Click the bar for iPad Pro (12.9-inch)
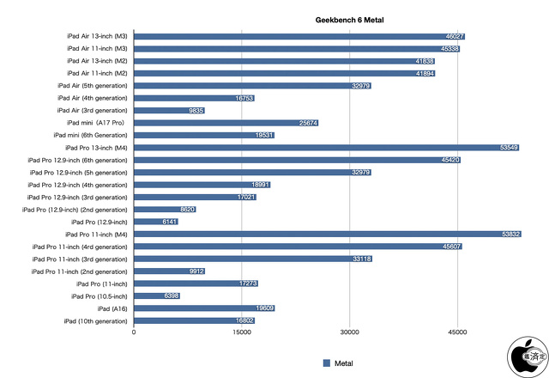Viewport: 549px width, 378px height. tap(156, 222)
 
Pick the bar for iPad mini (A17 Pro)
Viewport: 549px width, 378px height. tap(226, 123)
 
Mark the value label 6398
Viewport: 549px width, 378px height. tap(169, 296)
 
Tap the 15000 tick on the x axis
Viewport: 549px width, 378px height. tap(242, 332)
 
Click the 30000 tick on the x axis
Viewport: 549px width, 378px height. tap(349, 332)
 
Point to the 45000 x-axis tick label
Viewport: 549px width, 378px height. tap(457, 332)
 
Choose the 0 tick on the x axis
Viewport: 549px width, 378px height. tap(134, 332)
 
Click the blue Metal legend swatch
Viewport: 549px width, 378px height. tap(326, 363)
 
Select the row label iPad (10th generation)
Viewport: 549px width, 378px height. tap(95, 320)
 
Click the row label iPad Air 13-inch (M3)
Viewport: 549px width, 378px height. tap(97, 36)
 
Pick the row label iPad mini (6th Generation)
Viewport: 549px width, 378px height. tap(90, 136)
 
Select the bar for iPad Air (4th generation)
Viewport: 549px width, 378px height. tap(194, 98)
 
